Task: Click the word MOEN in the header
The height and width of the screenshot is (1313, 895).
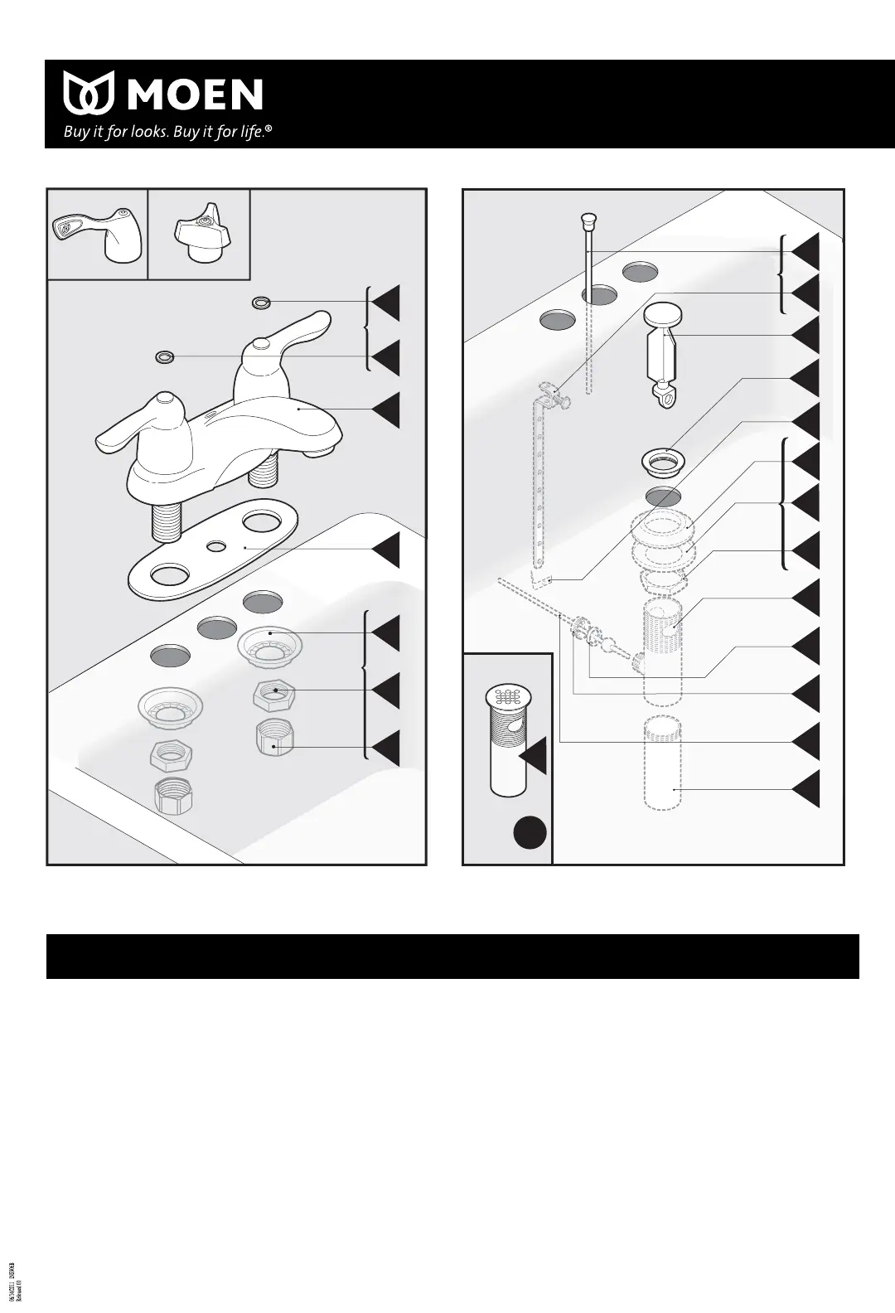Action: pos(196,94)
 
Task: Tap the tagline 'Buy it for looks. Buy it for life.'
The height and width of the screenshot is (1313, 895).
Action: pos(168,132)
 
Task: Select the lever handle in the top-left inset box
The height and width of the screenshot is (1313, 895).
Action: pos(97,235)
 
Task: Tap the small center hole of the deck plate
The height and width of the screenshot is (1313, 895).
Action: pos(216,546)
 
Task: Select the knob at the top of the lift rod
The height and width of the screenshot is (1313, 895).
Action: pos(589,220)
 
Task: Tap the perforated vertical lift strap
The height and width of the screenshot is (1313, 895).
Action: pos(539,489)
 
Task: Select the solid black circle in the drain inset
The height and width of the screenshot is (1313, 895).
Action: pos(530,831)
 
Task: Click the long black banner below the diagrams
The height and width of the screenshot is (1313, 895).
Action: pos(452,957)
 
